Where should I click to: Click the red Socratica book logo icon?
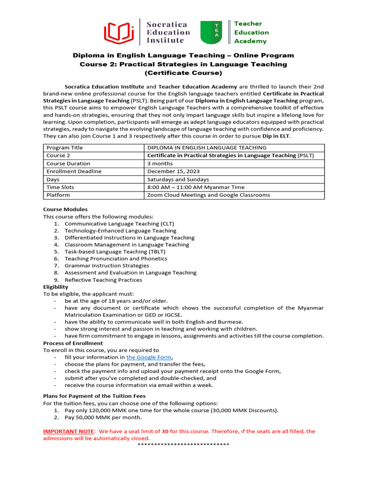(119, 32)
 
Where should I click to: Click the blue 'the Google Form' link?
(148, 357)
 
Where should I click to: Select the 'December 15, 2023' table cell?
(173, 171)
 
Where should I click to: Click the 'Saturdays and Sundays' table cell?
(178, 180)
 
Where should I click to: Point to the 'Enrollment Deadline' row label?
(74, 171)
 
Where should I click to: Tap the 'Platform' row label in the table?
(58, 195)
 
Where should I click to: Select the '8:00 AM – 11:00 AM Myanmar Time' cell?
(196, 187)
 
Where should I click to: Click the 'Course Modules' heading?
(65, 209)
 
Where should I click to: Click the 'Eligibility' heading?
(55, 287)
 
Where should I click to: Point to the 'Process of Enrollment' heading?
(73, 343)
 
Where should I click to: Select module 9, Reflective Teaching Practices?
(103, 280)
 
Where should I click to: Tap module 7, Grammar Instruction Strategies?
(107, 266)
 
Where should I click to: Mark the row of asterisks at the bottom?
(183, 445)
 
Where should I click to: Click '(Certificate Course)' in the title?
(183, 73)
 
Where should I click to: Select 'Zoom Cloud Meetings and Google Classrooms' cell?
(208, 195)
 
